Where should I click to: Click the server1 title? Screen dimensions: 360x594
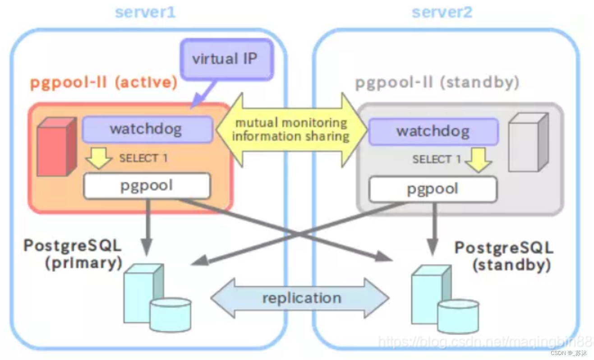coord(145,12)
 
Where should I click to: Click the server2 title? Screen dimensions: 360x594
coord(442,12)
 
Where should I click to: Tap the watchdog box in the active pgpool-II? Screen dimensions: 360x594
coord(146,129)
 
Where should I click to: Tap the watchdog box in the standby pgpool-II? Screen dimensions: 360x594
coord(433,131)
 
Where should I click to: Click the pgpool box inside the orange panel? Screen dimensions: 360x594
coord(147,185)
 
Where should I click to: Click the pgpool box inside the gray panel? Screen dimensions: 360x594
coord(433,189)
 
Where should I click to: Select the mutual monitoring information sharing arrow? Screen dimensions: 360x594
coord(291,129)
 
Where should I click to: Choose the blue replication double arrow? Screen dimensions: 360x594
coord(300,298)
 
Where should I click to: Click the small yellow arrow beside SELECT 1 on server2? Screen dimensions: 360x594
coord(478,161)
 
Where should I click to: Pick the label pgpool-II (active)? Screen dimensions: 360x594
coord(103,83)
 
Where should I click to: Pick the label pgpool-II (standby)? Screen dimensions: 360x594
coord(437,83)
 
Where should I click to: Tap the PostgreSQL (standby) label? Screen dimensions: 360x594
coord(504,256)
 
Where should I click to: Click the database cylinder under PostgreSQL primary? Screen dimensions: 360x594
coord(170,314)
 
